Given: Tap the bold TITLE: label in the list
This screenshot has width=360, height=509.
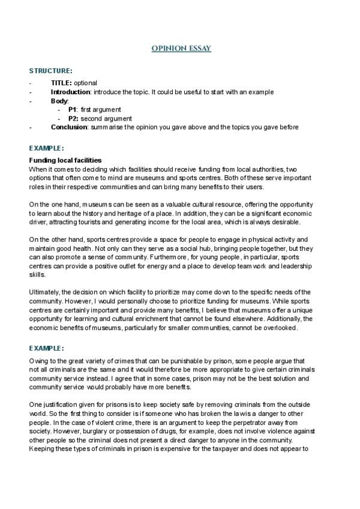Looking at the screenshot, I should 61,83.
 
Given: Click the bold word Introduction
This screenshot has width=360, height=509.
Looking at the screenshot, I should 70,92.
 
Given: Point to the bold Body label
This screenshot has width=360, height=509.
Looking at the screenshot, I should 59,101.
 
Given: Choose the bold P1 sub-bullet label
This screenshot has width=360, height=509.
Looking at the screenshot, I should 72,110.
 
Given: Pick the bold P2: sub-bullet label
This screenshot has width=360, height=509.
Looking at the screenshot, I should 73,118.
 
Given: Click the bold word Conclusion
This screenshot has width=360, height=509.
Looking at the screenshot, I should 70,127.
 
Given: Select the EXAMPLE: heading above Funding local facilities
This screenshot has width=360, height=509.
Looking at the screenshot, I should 47,148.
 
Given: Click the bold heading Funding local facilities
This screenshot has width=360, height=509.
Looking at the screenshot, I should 65,160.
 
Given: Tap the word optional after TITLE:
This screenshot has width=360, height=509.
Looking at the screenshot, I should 85,83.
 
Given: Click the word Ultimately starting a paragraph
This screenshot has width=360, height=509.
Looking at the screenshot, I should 44,292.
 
